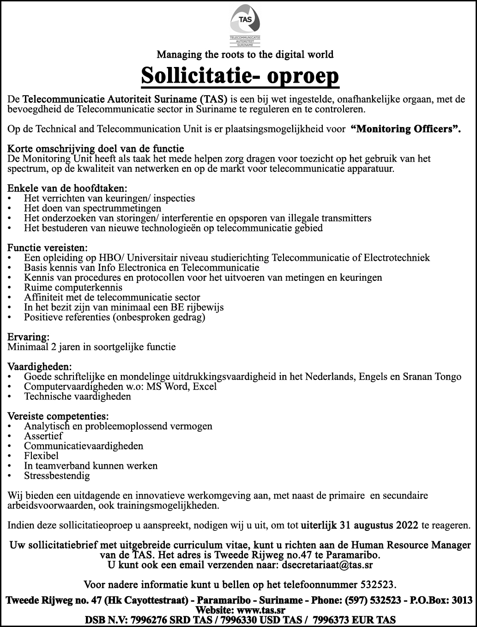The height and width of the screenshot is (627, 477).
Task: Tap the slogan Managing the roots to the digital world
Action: tap(245, 54)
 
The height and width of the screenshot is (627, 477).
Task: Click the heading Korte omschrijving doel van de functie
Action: tap(96, 149)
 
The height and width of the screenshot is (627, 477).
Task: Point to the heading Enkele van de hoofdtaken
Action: tap(67, 188)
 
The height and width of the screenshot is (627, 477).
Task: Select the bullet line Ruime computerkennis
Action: tap(73, 287)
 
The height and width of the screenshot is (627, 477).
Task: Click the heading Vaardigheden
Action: tap(40, 367)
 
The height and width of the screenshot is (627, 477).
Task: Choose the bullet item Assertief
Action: tap(43, 436)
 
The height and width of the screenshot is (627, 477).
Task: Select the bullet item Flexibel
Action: tap(41, 456)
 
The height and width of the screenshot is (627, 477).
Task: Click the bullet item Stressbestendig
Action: tap(57, 476)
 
